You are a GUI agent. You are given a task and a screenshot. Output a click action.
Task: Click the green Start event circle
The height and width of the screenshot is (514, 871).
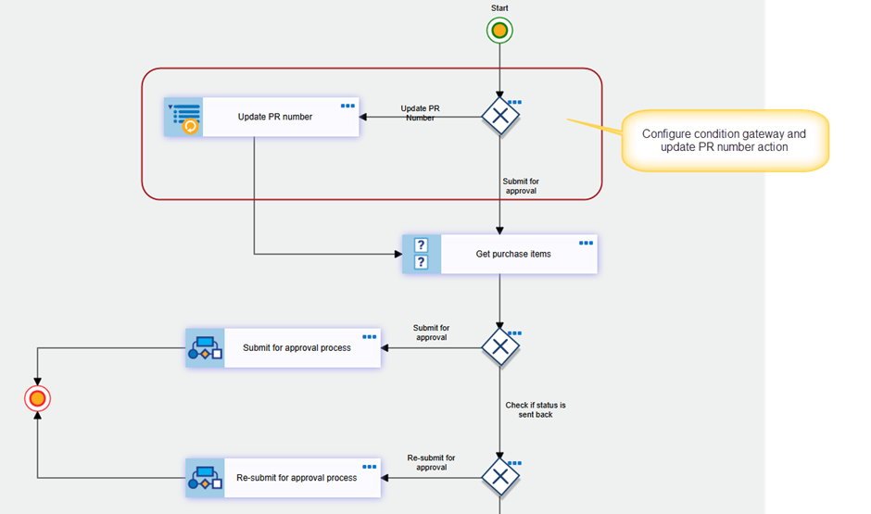point(499,31)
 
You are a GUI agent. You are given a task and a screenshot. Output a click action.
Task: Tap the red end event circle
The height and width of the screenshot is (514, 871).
point(37,398)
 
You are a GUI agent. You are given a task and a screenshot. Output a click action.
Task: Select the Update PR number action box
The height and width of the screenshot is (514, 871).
point(261,117)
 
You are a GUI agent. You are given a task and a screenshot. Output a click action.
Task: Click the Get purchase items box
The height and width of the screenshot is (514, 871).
point(500,255)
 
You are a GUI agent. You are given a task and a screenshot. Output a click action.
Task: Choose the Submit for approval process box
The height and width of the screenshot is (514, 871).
point(284,348)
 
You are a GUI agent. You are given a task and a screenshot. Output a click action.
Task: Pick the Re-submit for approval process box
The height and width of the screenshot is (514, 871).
point(284,478)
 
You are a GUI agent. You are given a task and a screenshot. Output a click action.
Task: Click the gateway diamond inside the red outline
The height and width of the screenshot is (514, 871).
point(500,117)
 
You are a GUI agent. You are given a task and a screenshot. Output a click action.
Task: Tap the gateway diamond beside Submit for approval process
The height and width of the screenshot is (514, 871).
point(500,347)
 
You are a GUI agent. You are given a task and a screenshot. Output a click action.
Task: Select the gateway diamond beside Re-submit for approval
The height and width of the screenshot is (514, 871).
point(500,477)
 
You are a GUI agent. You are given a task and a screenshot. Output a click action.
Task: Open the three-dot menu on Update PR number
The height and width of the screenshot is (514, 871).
point(347,106)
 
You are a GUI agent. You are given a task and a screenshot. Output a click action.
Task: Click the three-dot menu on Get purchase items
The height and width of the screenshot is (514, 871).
point(586,244)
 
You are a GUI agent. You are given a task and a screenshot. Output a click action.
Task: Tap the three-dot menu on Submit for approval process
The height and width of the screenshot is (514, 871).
point(370,337)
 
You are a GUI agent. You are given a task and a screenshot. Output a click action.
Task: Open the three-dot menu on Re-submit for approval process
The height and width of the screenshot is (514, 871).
point(370,467)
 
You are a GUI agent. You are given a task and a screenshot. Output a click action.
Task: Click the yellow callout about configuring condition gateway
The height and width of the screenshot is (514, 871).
point(725,141)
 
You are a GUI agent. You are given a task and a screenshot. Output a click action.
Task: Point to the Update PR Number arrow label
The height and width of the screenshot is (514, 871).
point(420,113)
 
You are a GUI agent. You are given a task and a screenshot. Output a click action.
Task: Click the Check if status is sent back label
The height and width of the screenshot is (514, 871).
point(536,409)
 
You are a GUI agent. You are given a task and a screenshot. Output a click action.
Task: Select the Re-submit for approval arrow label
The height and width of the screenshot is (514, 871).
point(431,462)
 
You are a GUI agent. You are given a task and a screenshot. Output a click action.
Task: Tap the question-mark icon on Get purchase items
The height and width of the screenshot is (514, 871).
point(421,254)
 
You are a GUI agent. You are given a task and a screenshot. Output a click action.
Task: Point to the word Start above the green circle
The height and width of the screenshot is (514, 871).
point(499,7)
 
